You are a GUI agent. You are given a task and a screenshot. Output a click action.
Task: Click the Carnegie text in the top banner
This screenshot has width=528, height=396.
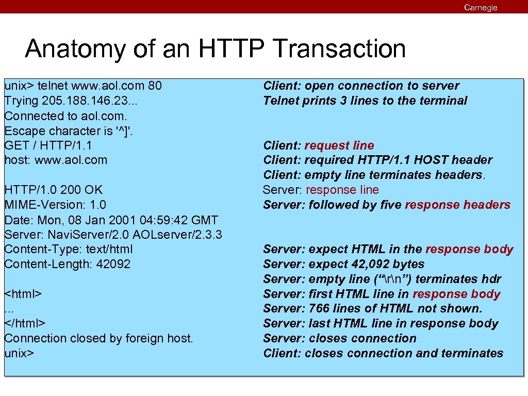[481, 7]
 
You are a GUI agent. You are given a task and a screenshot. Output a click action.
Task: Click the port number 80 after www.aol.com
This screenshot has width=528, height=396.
[154, 85]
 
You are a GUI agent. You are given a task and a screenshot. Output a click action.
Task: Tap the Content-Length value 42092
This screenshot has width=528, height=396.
[113, 264]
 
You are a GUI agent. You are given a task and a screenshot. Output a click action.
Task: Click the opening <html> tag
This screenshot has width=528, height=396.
[23, 294]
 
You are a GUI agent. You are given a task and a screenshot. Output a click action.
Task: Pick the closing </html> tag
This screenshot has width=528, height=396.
[25, 323]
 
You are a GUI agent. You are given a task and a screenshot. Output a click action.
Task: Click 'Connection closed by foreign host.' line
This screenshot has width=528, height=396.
[98, 338]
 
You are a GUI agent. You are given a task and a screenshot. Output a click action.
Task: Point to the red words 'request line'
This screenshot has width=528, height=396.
[339, 145]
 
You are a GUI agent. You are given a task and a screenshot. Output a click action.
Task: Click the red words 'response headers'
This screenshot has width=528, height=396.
[457, 205]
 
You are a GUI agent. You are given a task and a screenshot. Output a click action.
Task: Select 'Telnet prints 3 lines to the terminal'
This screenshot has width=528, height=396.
[365, 101]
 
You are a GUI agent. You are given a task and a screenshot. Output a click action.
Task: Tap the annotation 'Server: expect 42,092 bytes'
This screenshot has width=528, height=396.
[343, 264]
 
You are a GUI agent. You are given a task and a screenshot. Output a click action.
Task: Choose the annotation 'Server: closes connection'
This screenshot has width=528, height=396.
[339, 338]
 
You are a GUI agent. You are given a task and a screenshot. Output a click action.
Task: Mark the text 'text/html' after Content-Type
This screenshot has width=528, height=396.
[109, 249]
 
